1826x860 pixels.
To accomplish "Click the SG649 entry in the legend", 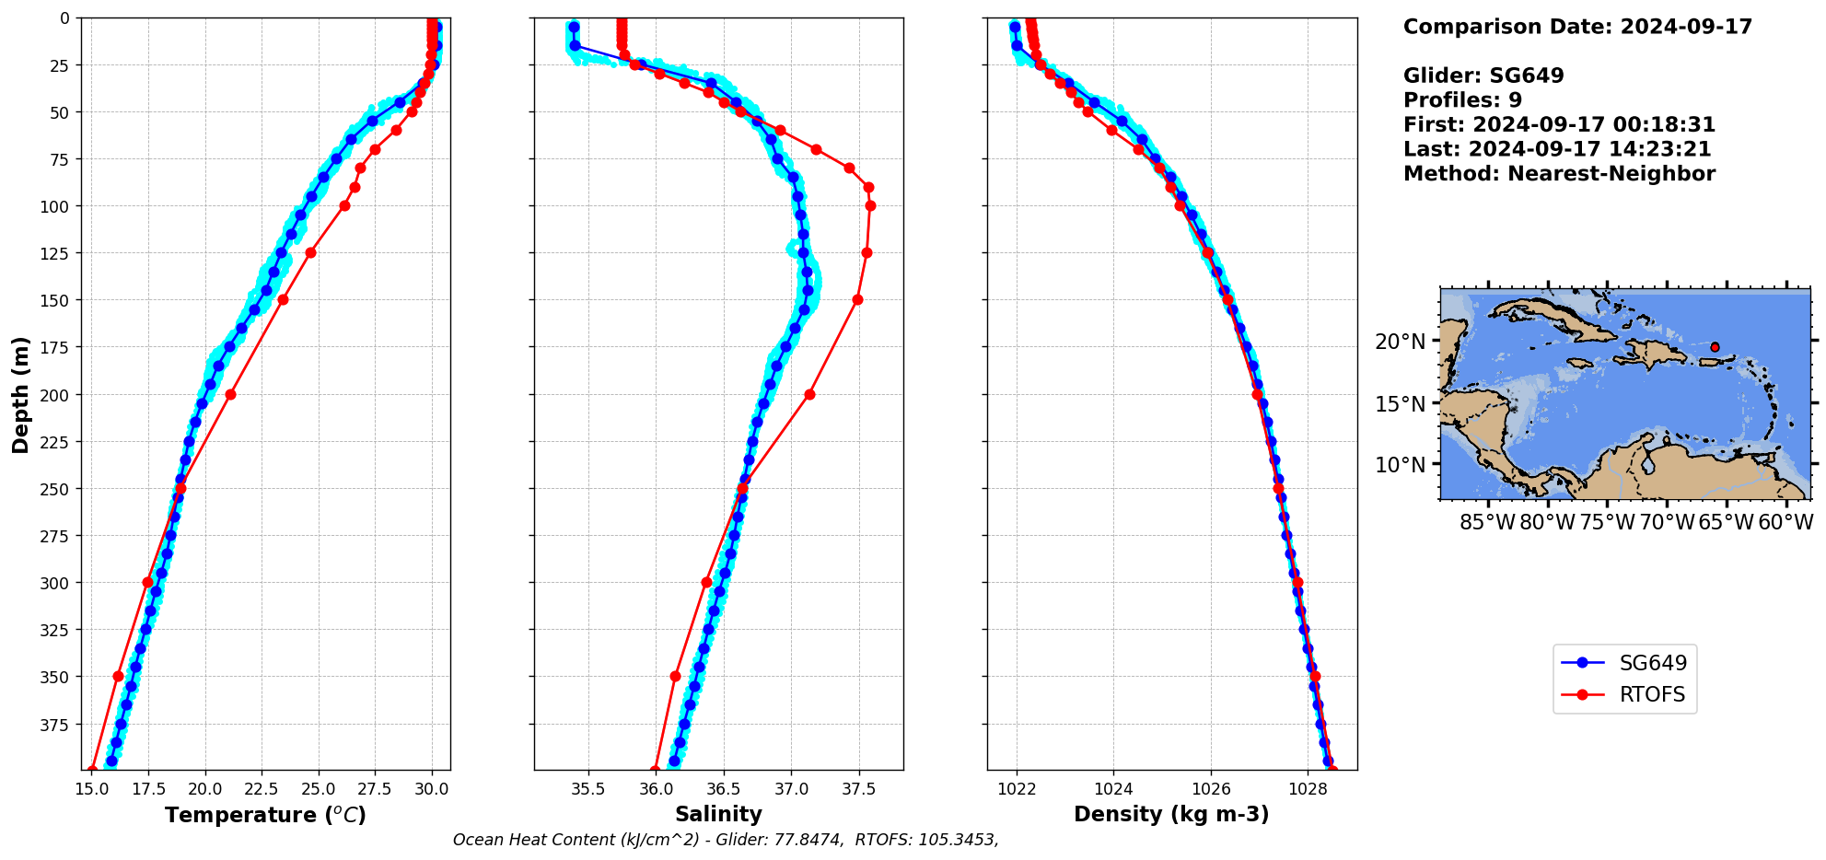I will [x=1652, y=663].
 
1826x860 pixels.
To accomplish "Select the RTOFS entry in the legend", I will [x=1652, y=694].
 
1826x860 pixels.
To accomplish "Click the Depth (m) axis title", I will [x=20, y=394].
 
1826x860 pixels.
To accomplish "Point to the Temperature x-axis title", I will [x=265, y=815].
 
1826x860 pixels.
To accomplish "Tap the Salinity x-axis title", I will [x=718, y=814].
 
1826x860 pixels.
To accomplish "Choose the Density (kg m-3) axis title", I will [x=1171, y=814].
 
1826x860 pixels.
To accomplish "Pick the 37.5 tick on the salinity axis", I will [x=859, y=789].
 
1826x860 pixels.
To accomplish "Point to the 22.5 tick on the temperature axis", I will [x=262, y=789].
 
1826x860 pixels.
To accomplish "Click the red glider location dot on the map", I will [x=1715, y=347].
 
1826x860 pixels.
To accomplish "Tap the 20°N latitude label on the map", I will [x=1400, y=343].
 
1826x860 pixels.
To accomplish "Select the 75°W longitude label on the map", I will [x=1607, y=523].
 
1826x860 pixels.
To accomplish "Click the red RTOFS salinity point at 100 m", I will [x=870, y=205].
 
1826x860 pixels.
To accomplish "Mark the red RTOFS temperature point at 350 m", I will [x=118, y=676].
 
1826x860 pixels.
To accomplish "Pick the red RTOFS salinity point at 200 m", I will [x=809, y=394].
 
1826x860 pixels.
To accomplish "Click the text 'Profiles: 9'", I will [x=1462, y=100].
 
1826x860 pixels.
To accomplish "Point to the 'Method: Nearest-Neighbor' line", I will [x=1559, y=174].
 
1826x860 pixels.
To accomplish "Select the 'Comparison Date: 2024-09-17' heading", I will [x=1577, y=27].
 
